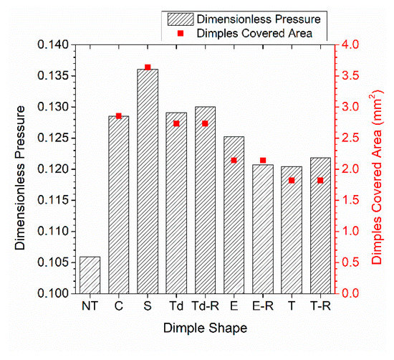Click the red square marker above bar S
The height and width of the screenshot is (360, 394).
click(x=148, y=67)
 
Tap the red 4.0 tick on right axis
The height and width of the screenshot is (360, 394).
click(x=350, y=45)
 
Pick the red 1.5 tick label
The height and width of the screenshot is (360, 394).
click(x=350, y=201)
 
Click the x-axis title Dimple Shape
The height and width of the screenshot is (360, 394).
click(x=205, y=329)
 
